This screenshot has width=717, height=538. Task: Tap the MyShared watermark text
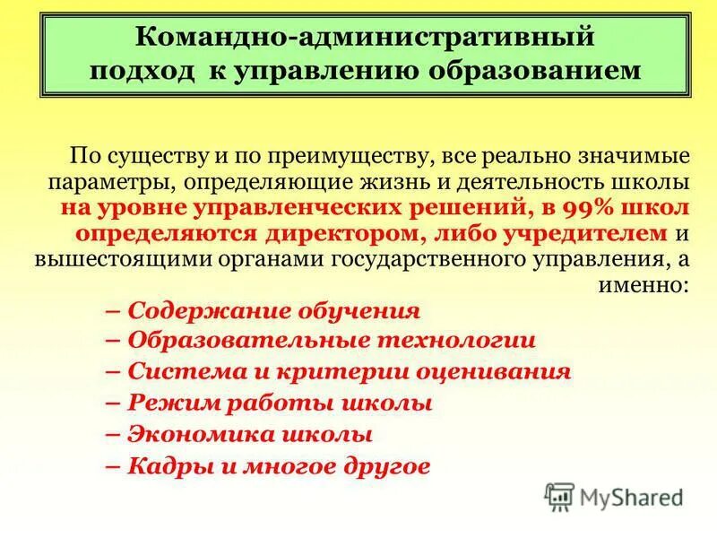point(631,497)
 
